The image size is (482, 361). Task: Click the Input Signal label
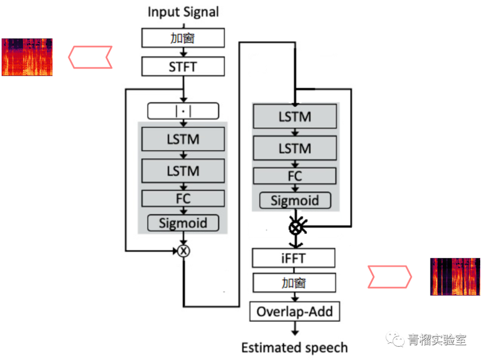(x=183, y=12)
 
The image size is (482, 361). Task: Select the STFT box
(x=183, y=67)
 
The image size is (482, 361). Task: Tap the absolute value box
(x=183, y=111)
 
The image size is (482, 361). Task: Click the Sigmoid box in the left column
(x=183, y=223)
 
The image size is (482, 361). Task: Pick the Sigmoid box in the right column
(x=295, y=201)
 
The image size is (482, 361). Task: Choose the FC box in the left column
(x=183, y=198)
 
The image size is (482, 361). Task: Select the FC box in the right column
(x=295, y=176)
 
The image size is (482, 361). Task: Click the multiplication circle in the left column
(x=183, y=251)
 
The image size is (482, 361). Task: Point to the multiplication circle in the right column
(x=295, y=228)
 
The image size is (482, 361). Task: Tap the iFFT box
(x=294, y=258)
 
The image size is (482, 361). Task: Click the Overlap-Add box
(x=295, y=311)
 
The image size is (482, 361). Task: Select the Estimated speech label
(x=295, y=347)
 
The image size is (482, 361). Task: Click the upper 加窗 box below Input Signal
(x=183, y=38)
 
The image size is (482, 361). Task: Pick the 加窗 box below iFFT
(x=294, y=283)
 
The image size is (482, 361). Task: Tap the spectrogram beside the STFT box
(x=27, y=57)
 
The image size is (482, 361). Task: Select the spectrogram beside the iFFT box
(x=456, y=276)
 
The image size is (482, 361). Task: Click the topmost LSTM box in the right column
(x=295, y=117)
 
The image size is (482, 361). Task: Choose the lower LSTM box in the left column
(x=183, y=171)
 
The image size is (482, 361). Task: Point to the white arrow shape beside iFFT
(x=388, y=277)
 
